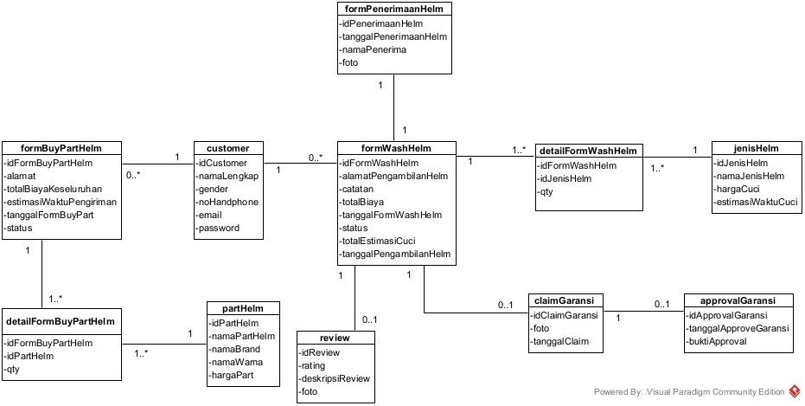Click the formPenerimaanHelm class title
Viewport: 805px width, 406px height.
[393, 10]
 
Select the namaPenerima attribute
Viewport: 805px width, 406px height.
[373, 50]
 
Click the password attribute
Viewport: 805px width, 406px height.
[219, 229]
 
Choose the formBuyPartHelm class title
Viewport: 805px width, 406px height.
[61, 149]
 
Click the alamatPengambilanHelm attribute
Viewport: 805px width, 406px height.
[394, 176]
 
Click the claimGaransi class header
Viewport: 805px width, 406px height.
[565, 301]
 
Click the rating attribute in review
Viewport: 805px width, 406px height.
[314, 366]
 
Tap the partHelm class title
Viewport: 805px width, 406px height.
[244, 309]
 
